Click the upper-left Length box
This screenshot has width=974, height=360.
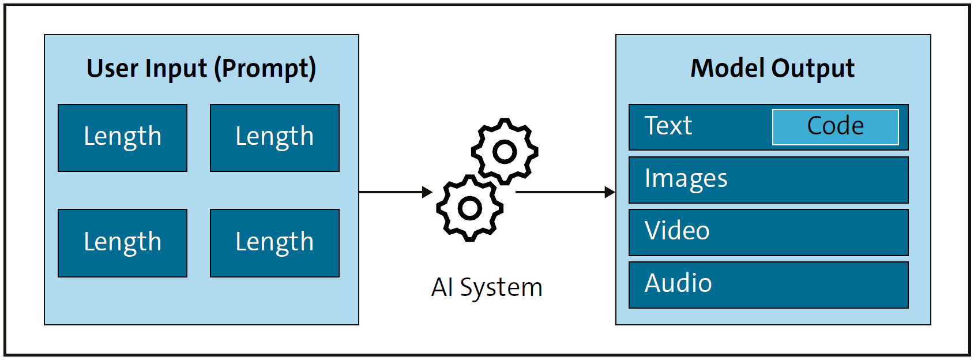[122, 137]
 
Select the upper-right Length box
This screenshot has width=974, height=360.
[274, 137]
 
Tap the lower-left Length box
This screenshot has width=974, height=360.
[122, 243]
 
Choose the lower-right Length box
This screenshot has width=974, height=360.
[274, 243]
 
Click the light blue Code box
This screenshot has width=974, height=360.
[835, 126]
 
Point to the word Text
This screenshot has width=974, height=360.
[668, 126]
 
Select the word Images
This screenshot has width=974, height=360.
[686, 179]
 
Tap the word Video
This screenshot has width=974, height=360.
[677, 231]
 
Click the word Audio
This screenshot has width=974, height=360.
[678, 283]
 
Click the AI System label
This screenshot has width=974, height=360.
[487, 287]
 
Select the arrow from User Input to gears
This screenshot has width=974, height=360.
[395, 192]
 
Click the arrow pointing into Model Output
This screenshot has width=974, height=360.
[565, 192]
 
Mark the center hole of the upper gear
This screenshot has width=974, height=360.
[505, 152]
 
